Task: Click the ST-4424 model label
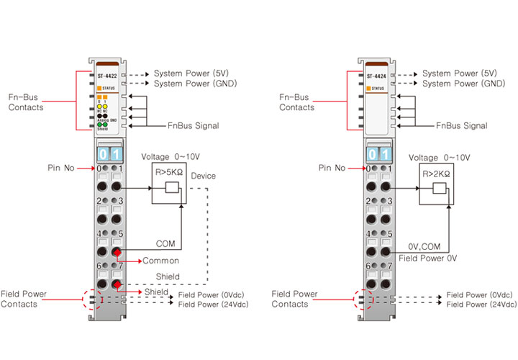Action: tap(375, 74)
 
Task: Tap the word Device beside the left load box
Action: tap(204, 176)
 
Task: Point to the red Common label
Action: tap(160, 261)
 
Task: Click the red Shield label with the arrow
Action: tap(156, 292)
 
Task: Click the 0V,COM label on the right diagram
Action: tap(424, 246)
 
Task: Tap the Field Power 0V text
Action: tap(428, 257)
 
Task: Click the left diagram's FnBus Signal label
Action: tap(193, 126)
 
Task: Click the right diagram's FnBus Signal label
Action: tap(462, 126)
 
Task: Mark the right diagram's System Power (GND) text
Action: tap(463, 84)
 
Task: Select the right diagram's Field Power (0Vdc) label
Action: tap(479, 295)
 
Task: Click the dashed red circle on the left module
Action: tap(90, 299)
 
